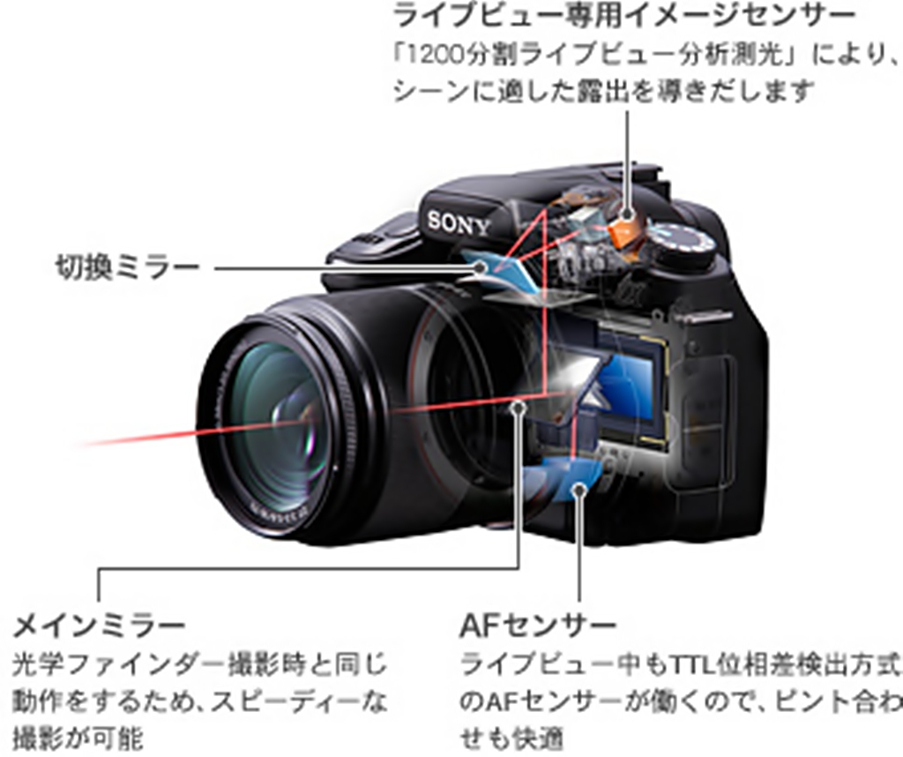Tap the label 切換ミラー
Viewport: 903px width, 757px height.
point(127,268)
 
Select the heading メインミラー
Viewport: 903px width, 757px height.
point(99,626)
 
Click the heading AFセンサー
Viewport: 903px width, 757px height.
point(538,626)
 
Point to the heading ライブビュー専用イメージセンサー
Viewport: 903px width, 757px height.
point(624,15)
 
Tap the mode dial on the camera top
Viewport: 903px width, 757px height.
point(681,244)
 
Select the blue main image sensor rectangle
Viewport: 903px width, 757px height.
point(629,385)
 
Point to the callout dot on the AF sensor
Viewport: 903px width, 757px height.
point(579,491)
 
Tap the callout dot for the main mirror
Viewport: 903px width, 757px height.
point(519,407)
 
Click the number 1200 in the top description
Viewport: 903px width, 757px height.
point(434,56)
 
